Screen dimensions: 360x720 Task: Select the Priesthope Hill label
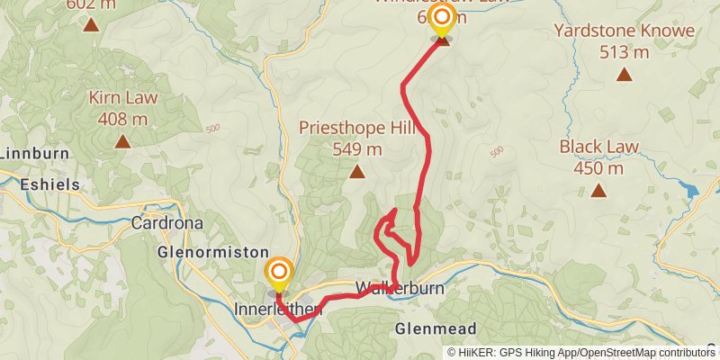(357, 129)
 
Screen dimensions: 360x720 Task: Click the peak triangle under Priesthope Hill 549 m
(357, 171)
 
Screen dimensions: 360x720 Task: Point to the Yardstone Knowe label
(625, 31)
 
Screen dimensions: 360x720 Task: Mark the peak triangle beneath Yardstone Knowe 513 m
(625, 74)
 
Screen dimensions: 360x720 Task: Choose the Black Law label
(598, 147)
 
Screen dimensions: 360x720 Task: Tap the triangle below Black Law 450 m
(598, 190)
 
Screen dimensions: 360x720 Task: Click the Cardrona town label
(166, 222)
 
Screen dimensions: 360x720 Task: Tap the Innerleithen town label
(277, 310)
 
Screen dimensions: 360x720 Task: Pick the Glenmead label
(435, 329)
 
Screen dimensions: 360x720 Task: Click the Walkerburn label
(400, 290)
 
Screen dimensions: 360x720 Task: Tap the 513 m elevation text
(625, 51)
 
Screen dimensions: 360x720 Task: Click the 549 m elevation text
(357, 148)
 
